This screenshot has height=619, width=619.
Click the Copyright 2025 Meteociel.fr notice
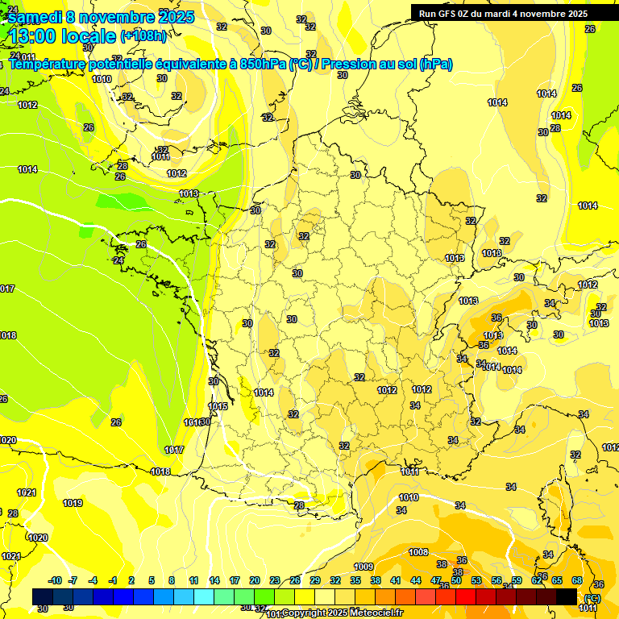[x=342, y=613]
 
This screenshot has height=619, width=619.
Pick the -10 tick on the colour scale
[x=55, y=581]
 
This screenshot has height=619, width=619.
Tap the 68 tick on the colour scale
[x=577, y=581]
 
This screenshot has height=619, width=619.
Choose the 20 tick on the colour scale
[x=255, y=581]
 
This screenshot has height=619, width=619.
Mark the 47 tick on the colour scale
[x=436, y=581]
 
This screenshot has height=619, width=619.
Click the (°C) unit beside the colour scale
[x=592, y=598]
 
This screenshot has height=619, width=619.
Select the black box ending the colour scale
[x=567, y=596]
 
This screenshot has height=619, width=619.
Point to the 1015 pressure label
[x=217, y=406]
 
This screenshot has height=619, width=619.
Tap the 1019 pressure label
[x=73, y=503]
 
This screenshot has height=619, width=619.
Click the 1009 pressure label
[x=364, y=566]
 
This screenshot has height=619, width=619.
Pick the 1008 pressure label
[x=418, y=552]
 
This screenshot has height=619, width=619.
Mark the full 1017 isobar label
[x=174, y=450]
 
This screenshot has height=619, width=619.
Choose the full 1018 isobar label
[x=160, y=472]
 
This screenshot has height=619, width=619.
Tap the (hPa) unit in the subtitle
[x=435, y=64]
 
